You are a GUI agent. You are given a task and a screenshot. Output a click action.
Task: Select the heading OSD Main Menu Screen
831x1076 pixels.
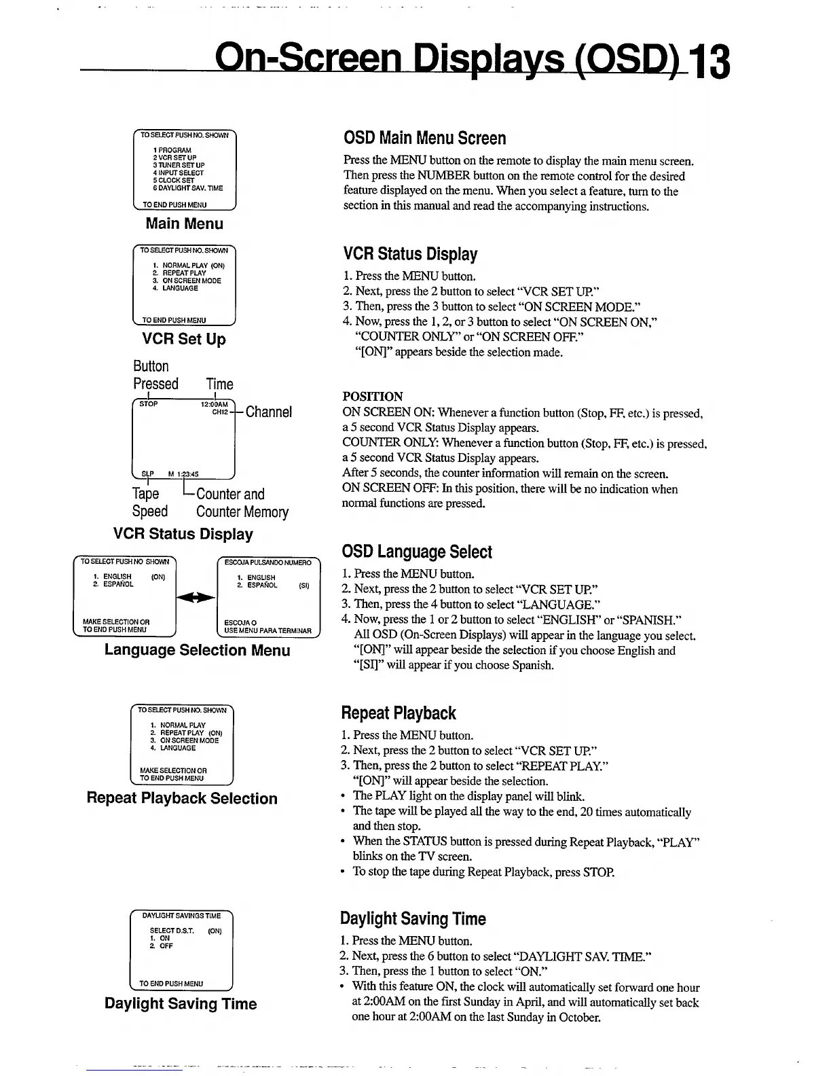point(424,139)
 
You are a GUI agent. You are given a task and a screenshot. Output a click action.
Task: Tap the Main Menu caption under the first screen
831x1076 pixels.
point(184,223)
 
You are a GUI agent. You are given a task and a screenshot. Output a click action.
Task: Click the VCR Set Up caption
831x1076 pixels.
point(184,339)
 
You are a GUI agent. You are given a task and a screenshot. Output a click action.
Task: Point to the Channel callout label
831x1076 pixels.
point(269,412)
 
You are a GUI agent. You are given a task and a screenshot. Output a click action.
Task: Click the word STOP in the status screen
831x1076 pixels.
point(148,404)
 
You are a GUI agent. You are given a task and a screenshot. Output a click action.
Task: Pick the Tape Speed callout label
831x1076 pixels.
point(149,503)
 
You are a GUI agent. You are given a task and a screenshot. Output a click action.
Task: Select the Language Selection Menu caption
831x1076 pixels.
point(197,650)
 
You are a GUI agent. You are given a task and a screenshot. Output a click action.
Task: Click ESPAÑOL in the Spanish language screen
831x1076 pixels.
point(262,585)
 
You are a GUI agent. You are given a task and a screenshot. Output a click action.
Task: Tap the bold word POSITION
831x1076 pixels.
point(373,396)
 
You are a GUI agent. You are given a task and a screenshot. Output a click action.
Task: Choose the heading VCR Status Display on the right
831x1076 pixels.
point(410,255)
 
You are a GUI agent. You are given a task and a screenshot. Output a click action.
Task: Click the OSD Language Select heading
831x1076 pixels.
point(417,552)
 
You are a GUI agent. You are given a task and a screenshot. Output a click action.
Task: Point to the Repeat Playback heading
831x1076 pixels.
point(398,713)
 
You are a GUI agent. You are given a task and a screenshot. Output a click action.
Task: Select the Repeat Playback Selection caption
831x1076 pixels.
point(182,798)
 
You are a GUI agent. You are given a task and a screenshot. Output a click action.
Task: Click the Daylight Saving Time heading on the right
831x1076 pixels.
point(413,919)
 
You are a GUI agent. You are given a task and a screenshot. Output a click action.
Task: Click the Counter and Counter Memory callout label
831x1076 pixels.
point(242,503)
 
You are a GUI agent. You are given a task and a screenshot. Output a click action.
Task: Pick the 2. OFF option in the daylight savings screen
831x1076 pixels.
point(166,946)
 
